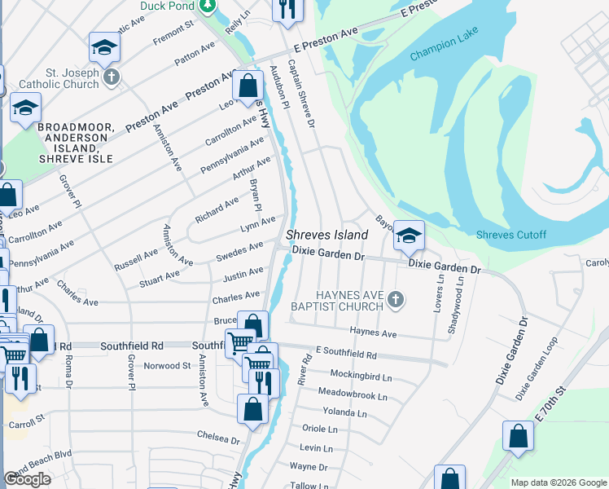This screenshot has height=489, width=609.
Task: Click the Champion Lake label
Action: click(x=441, y=52)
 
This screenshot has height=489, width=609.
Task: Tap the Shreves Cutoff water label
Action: click(x=511, y=235)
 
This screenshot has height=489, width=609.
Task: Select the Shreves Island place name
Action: click(x=326, y=235)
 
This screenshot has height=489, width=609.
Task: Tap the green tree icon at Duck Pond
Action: click(x=208, y=7)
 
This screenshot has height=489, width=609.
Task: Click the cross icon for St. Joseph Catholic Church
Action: click(x=112, y=78)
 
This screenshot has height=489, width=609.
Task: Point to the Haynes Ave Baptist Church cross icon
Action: click(x=395, y=300)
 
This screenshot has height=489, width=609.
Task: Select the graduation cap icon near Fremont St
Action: click(x=104, y=49)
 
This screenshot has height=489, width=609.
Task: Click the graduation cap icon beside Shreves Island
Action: click(x=409, y=236)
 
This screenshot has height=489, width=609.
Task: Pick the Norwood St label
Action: click(x=167, y=366)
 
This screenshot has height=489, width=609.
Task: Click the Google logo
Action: click(x=27, y=479)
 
